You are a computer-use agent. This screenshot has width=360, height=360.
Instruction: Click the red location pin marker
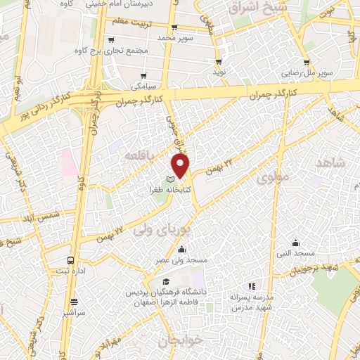coord(181,166)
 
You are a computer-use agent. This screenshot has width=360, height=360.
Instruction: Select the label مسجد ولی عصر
coord(183,260)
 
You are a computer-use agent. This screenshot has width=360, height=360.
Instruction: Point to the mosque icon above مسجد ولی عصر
coord(182,248)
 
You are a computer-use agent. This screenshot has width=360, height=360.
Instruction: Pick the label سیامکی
coord(145,87)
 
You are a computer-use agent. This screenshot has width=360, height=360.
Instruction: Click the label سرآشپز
coord(72,309)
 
